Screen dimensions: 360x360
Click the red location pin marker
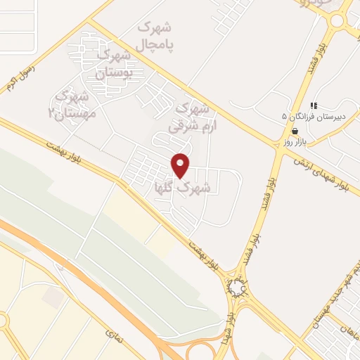click(181, 165)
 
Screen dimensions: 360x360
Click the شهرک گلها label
click(181, 188)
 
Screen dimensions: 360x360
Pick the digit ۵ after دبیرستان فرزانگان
click(285, 115)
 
